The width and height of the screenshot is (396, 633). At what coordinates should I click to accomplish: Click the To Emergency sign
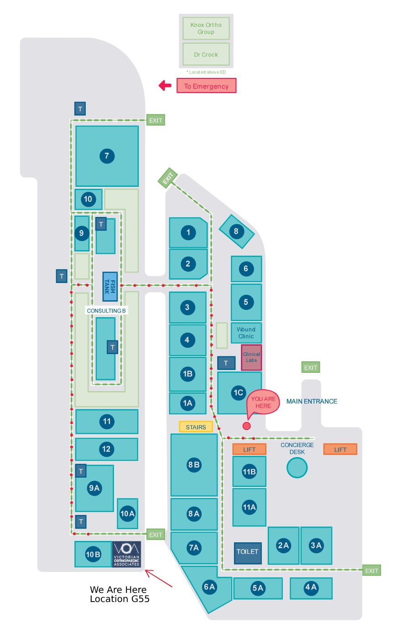pyautogui.click(x=206, y=86)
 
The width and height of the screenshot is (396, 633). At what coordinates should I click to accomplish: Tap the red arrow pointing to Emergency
pyautogui.click(x=165, y=85)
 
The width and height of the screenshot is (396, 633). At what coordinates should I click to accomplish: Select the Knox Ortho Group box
pyautogui.click(x=206, y=28)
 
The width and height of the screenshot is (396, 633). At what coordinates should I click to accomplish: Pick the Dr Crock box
pyautogui.click(x=206, y=54)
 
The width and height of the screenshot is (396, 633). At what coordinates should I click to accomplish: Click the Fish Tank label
pyautogui.click(x=110, y=287)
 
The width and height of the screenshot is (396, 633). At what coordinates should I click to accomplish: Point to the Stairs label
pyautogui.click(x=196, y=427)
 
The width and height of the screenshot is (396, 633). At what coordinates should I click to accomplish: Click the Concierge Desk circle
pyautogui.click(x=297, y=468)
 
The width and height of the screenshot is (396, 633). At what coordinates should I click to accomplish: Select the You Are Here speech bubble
pyautogui.click(x=263, y=403)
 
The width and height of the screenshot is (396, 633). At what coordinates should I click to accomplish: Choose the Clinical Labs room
pyautogui.click(x=251, y=357)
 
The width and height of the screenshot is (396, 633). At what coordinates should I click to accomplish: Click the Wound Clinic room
pyautogui.click(x=246, y=333)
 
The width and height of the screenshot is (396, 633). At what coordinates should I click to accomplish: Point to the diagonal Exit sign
pyautogui.click(x=168, y=178)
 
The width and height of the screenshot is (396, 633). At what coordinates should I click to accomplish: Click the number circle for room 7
pyautogui.click(x=107, y=156)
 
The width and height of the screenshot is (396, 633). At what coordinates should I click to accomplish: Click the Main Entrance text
pyautogui.click(x=312, y=401)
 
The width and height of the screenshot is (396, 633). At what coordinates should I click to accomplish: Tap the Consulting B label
pyautogui.click(x=106, y=310)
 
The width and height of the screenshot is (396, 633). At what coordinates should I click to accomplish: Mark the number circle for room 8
pyautogui.click(x=236, y=231)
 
